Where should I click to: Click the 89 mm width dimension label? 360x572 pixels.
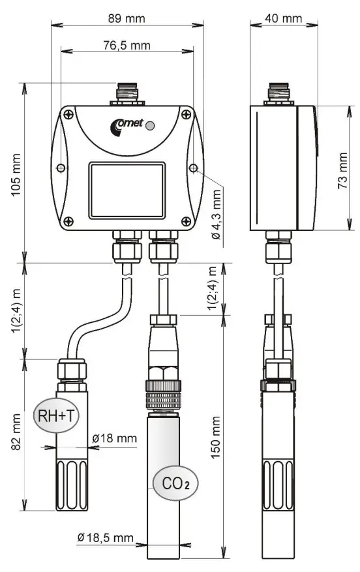(127, 18)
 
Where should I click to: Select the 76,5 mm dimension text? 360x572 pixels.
(127, 46)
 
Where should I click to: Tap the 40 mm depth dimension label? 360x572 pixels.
(284, 18)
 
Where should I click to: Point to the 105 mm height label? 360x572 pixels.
(16, 175)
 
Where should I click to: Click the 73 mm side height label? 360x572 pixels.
(342, 171)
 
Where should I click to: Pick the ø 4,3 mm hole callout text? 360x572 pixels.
(217, 215)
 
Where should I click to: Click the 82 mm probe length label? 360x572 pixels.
(16, 432)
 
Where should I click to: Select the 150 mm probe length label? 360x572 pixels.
(216, 438)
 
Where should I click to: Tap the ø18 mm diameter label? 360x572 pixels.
(115, 438)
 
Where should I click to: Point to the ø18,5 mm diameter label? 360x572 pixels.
(106, 537)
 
